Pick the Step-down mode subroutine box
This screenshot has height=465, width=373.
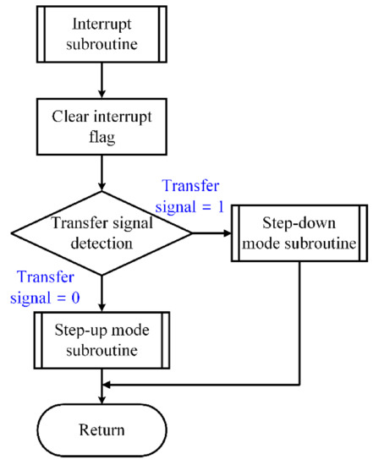pyautogui.click(x=300, y=232)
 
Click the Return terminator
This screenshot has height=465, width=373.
pyautogui.click(x=101, y=429)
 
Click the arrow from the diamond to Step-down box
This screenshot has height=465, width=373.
pyautogui.click(x=211, y=232)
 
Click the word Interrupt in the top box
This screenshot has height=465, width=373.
pyautogui.click(x=101, y=25)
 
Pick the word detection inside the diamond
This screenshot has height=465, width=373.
pyautogui.click(x=101, y=242)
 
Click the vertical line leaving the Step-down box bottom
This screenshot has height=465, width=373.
pyautogui.click(x=300, y=321)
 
